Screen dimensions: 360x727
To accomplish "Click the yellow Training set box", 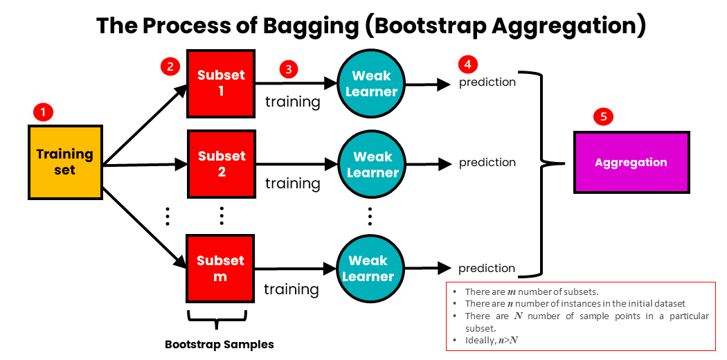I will point(65,161).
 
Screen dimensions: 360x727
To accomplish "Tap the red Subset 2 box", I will point(222,164).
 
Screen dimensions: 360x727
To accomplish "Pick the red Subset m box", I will point(221,268).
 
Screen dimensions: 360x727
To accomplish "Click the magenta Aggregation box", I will point(631,163).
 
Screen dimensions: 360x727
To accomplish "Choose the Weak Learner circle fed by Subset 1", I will point(371,84).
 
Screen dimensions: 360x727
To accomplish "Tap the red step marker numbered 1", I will point(44,111).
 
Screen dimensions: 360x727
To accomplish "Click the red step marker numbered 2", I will point(169,66).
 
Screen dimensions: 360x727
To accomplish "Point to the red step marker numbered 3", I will point(288,69).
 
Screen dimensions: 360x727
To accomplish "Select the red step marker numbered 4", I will point(468,64).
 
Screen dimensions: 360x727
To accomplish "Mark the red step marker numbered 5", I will point(603,116).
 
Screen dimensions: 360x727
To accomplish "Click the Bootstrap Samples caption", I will point(219,344).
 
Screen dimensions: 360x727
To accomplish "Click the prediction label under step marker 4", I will point(487,82).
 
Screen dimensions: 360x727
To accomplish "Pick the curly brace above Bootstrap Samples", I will point(217,320).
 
